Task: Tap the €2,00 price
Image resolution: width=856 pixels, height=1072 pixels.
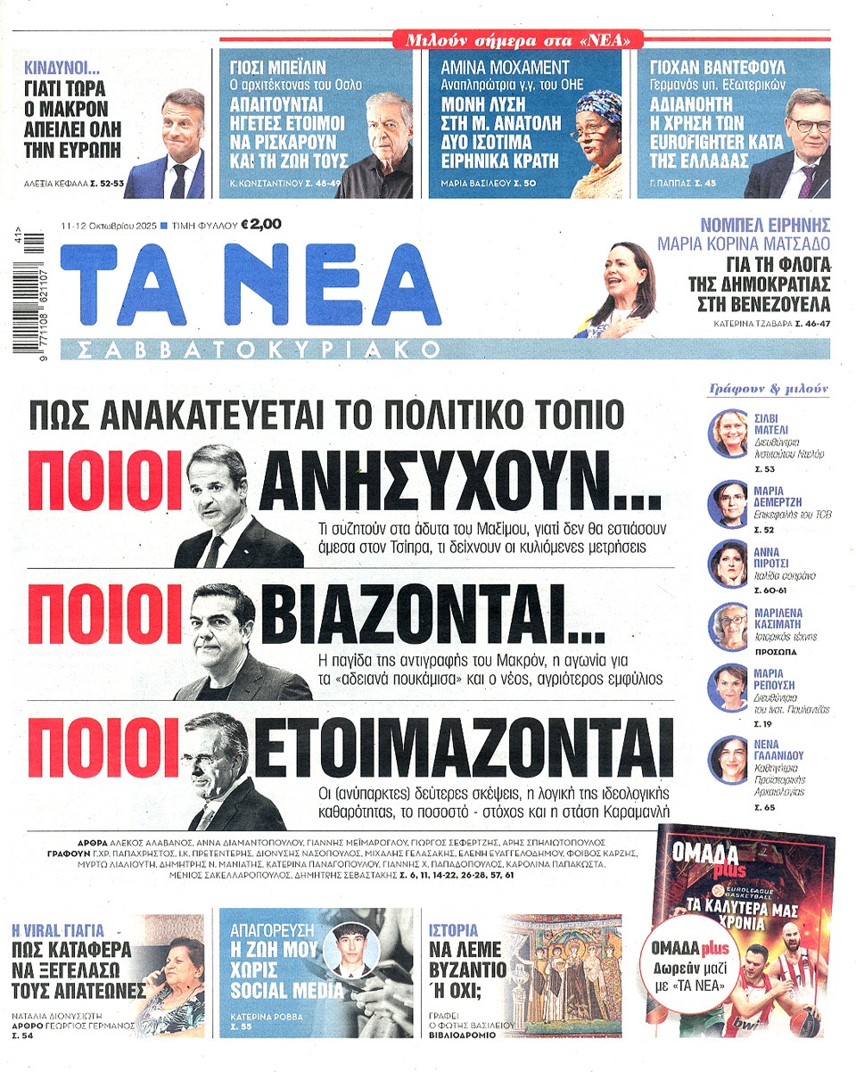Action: pos(261,225)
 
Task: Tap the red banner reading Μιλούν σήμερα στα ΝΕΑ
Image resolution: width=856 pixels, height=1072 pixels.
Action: pos(518,39)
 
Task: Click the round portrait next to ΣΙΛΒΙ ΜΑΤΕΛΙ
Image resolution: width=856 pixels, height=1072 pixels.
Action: pos(727,433)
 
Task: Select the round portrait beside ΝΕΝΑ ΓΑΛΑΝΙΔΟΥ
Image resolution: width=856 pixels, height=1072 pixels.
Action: pos(727,760)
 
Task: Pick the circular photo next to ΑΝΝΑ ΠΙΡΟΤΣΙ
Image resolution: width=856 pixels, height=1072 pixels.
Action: pos(727,563)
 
